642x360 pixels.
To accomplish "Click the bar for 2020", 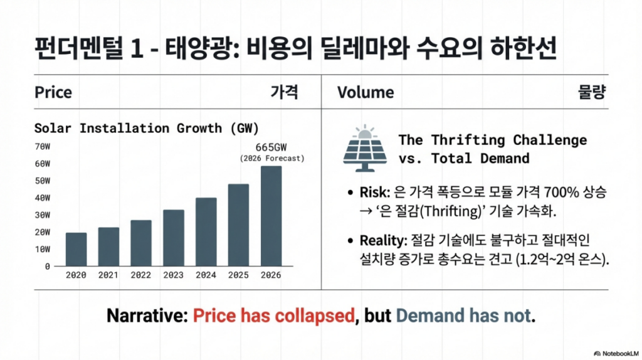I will (x=76, y=249).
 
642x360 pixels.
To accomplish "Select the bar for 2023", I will (x=174, y=238).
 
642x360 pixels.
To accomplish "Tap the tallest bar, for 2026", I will (x=271, y=216).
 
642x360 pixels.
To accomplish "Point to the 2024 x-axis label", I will (x=206, y=275).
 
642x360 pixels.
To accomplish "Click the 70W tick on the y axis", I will (x=43, y=147).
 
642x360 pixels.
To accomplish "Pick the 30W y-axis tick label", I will (x=43, y=215).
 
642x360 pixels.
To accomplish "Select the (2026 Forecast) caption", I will (x=271, y=159).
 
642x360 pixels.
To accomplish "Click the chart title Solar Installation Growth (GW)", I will (x=146, y=128).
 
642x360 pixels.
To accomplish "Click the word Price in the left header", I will (x=53, y=93).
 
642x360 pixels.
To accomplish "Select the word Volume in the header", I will (x=366, y=93).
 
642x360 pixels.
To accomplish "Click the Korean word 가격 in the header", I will (x=284, y=93).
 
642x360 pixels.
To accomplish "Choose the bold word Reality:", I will (x=382, y=240).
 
